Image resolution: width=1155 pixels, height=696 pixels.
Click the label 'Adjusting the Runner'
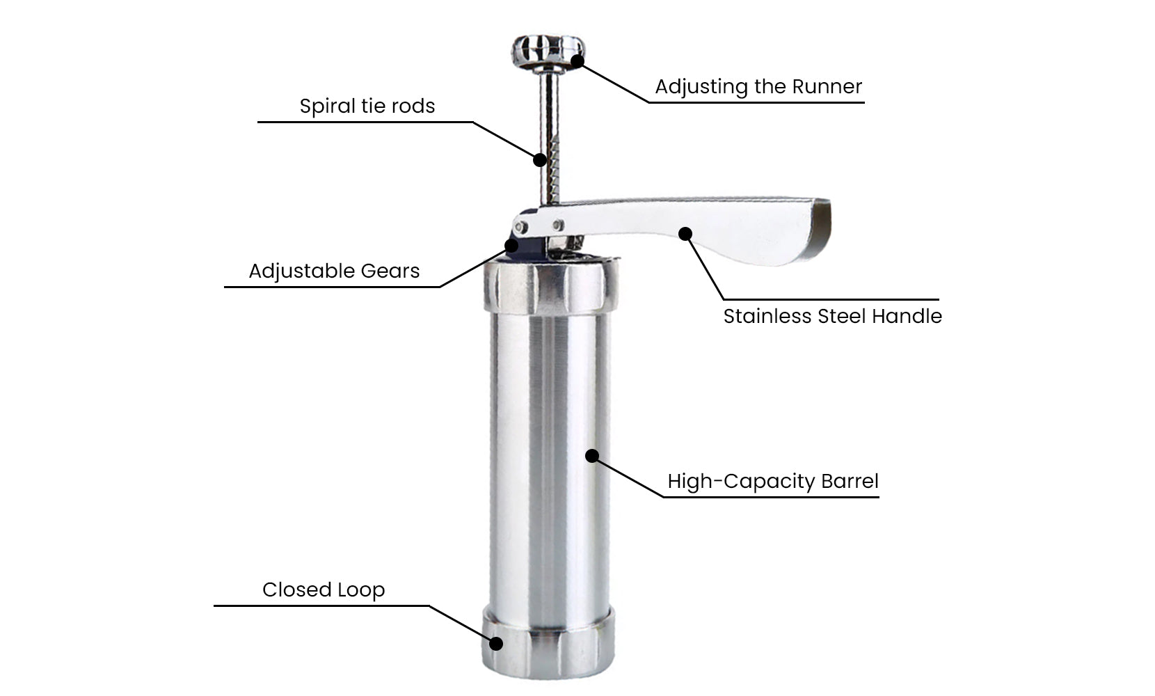pyautogui.click(x=758, y=87)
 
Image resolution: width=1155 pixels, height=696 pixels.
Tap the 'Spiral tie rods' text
pyautogui.click(x=367, y=106)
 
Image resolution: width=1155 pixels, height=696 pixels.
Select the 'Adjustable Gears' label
pyautogui.click(x=334, y=271)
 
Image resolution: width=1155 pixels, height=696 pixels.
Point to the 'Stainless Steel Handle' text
pyautogui.click(x=832, y=316)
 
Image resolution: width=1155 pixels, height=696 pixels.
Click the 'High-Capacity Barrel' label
pyautogui.click(x=773, y=482)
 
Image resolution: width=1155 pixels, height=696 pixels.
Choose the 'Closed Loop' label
pyautogui.click(x=324, y=590)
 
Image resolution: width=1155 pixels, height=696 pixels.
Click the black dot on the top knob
pyautogui.click(x=577, y=61)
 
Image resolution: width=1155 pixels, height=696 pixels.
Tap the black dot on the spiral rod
pyautogui.click(x=540, y=160)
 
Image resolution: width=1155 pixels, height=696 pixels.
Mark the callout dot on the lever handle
pyautogui.click(x=685, y=234)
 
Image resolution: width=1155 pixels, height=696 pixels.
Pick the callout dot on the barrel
pyautogui.click(x=592, y=456)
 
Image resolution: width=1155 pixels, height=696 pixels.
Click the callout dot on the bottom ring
pyautogui.click(x=496, y=643)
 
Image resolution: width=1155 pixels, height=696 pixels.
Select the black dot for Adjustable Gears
pyautogui.click(x=511, y=246)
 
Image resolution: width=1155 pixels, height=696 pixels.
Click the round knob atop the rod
pyautogui.click(x=548, y=52)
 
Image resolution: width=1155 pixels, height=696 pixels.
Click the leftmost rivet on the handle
pyautogui.click(x=521, y=227)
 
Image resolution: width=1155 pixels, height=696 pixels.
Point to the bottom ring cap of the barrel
pyautogui.click(x=548, y=642)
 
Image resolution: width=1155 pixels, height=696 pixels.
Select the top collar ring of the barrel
pyautogui.click(x=550, y=286)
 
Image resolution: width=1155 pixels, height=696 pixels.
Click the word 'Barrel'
pyautogui.click(x=850, y=482)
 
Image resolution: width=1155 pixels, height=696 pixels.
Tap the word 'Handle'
pyautogui.click(x=907, y=316)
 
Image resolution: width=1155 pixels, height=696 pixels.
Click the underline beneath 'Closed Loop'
pyautogui.click(x=321, y=606)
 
